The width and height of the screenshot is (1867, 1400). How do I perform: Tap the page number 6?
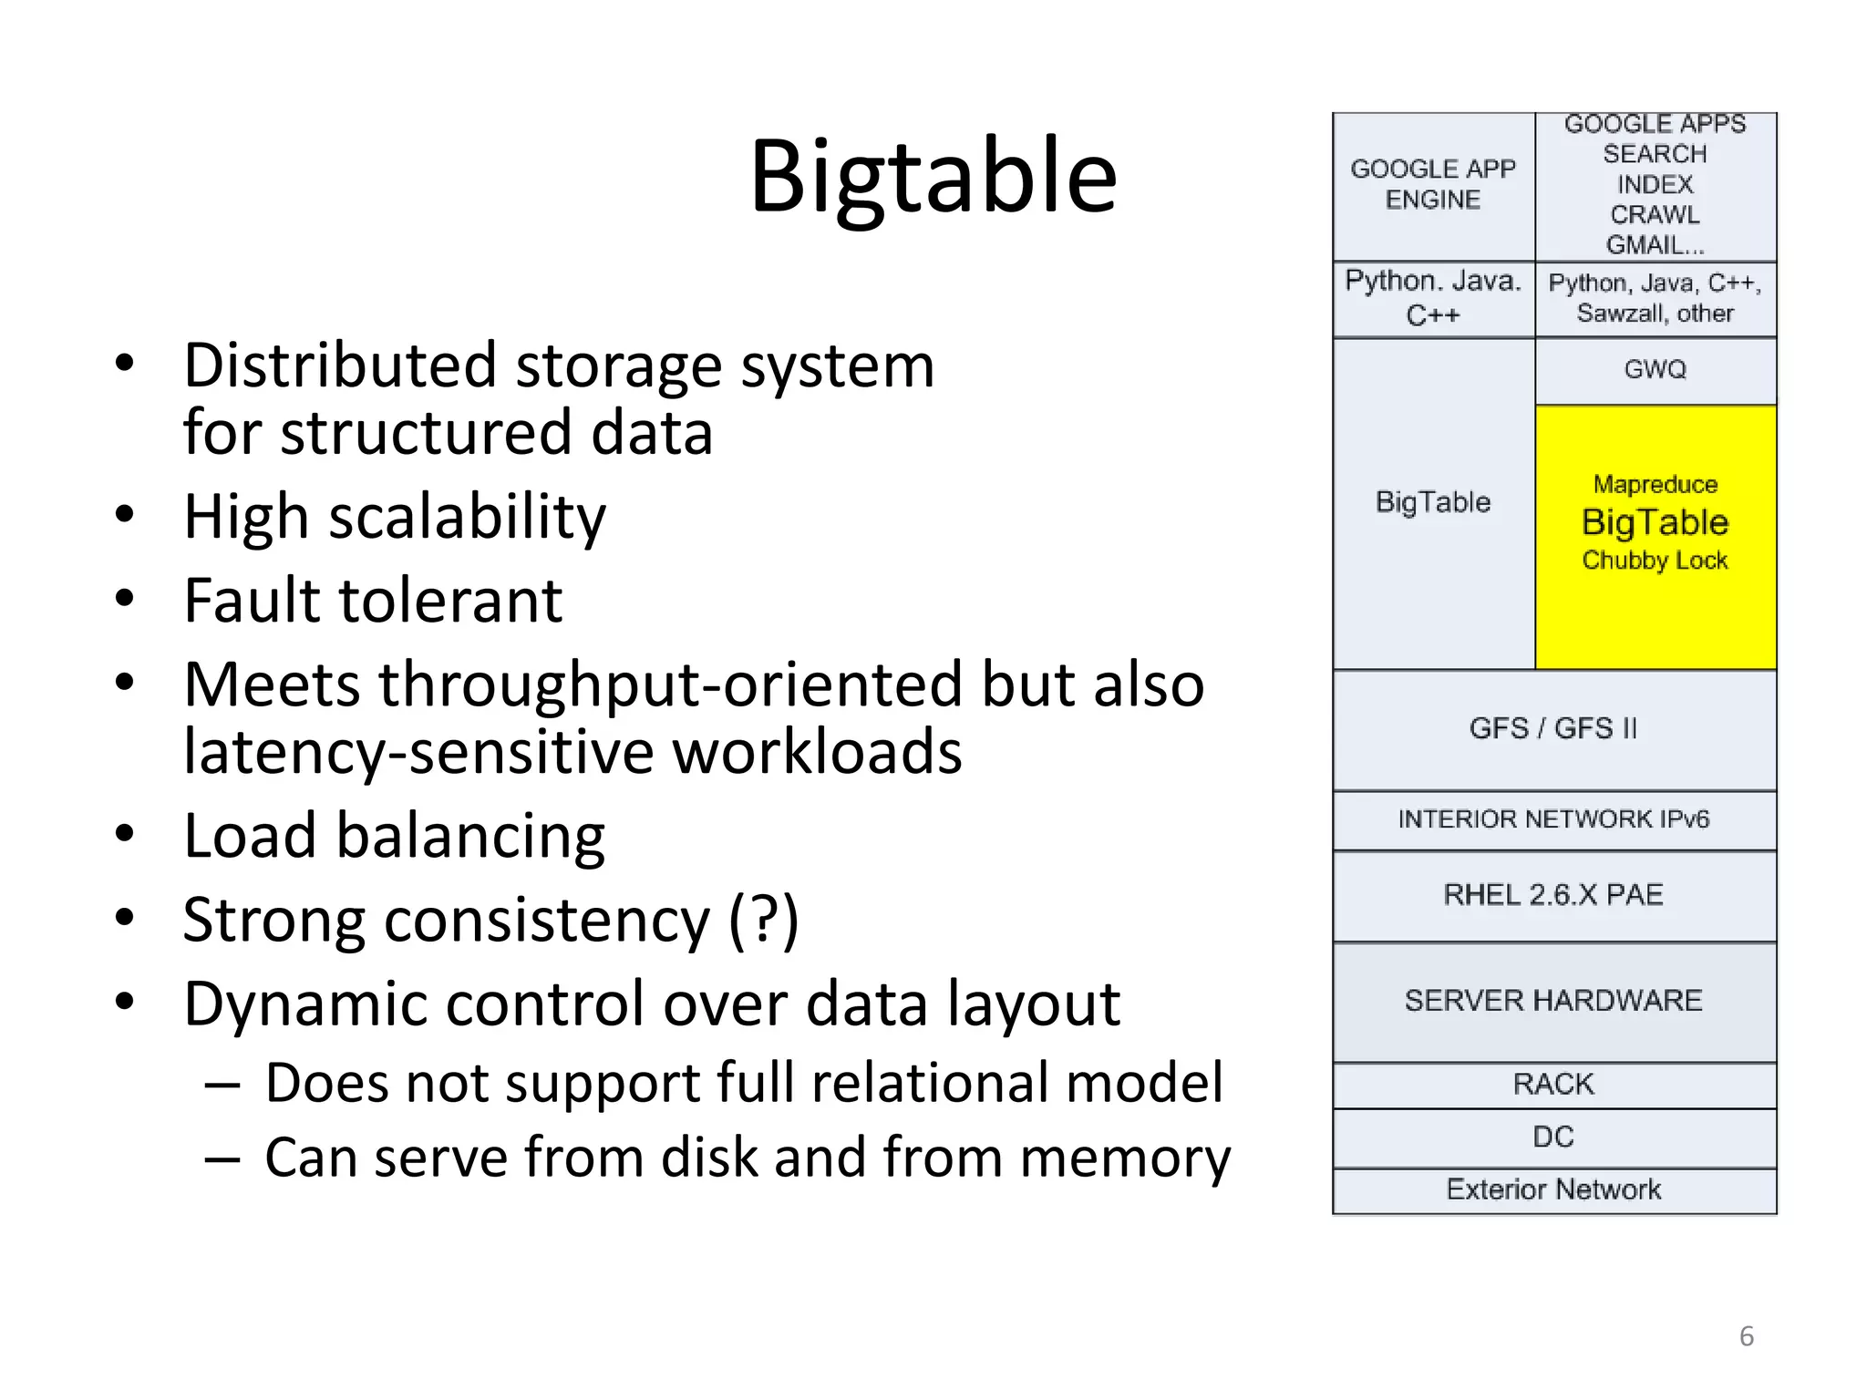(x=1746, y=1336)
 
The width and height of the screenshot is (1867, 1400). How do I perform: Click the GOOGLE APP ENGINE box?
(x=1432, y=185)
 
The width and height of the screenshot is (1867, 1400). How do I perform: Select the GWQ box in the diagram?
(x=1655, y=369)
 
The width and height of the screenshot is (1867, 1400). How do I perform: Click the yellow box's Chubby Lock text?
(x=1655, y=561)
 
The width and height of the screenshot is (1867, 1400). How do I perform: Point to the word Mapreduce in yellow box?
(x=1655, y=484)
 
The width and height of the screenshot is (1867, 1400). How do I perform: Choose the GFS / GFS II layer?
(x=1553, y=729)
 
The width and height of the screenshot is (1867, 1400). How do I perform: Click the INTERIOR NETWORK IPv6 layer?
(x=1553, y=819)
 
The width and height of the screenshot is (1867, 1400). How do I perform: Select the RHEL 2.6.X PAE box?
(x=1553, y=895)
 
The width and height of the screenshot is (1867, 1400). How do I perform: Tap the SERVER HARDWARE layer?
(x=1553, y=1001)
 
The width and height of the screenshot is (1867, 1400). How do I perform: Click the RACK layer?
(x=1553, y=1085)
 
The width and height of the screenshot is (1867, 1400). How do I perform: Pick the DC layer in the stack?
(x=1553, y=1137)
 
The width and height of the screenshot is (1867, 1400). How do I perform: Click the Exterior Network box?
(x=1553, y=1189)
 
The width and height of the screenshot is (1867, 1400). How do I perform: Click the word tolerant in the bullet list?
(x=450, y=601)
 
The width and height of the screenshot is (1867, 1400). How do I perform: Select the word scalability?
(x=467, y=518)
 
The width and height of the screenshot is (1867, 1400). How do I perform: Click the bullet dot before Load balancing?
(x=125, y=834)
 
